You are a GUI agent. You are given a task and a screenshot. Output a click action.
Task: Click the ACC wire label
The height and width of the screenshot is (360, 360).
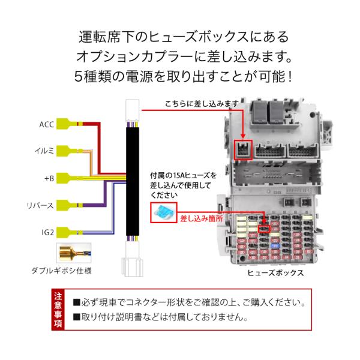(47, 124)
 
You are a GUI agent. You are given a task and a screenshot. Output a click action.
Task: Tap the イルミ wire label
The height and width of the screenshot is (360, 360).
(44, 151)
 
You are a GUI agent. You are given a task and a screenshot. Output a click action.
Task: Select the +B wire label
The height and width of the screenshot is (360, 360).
(49, 178)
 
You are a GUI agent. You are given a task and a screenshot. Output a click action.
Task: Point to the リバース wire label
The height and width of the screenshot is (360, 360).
(40, 205)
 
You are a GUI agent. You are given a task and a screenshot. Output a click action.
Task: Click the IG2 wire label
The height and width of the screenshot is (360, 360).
(48, 232)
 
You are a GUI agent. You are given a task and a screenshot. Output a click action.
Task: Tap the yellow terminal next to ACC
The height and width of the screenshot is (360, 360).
(67, 124)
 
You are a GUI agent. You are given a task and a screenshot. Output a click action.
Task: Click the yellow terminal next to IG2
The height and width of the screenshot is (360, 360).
(67, 233)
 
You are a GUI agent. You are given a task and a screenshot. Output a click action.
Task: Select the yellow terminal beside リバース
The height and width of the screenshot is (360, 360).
(67, 205)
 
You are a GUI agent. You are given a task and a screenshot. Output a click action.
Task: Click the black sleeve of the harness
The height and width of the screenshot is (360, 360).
(133, 181)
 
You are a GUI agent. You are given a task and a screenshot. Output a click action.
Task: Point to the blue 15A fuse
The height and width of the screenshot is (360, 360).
(163, 212)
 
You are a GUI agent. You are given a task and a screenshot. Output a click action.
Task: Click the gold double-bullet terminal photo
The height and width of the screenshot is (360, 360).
(74, 253)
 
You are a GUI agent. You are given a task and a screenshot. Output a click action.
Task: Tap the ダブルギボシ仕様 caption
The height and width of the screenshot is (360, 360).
(62, 271)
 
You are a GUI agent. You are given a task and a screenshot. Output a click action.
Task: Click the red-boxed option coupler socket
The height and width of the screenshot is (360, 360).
(243, 149)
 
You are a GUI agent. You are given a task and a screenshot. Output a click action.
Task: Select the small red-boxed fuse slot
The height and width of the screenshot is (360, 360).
(264, 229)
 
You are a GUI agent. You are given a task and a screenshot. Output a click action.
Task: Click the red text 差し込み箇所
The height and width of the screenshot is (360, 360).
(202, 218)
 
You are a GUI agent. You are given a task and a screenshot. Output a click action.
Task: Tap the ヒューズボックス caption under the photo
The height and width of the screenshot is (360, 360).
(275, 273)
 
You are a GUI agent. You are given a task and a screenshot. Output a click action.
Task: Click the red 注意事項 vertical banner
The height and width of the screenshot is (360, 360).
(58, 310)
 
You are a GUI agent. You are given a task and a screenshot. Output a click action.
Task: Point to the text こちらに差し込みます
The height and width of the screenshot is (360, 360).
(202, 104)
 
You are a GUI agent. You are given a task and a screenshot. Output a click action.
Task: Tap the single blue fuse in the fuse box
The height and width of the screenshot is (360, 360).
(275, 246)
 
